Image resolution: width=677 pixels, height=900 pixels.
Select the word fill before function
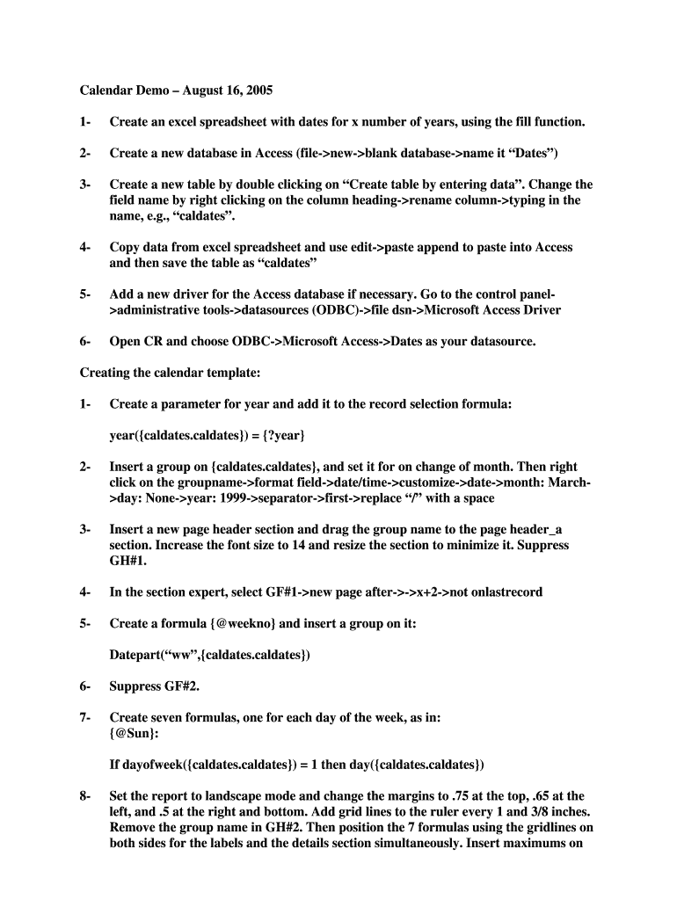tap(514, 121)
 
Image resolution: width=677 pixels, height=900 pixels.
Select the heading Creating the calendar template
tap(170, 373)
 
